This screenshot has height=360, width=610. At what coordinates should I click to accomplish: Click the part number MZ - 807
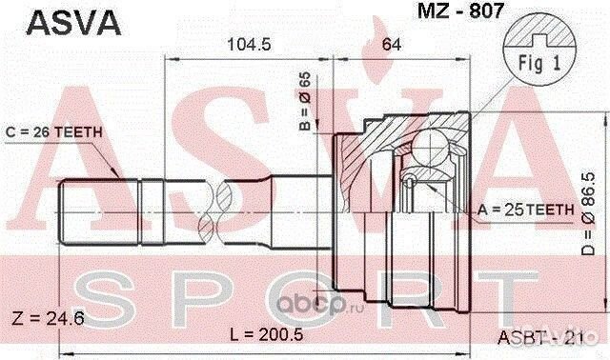tap(460, 10)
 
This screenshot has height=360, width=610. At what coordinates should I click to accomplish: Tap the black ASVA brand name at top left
tap(73, 23)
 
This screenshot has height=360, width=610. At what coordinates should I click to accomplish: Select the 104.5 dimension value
tap(249, 45)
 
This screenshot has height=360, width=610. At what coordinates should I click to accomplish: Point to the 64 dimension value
tap(391, 45)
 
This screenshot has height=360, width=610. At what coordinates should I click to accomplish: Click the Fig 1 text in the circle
tap(539, 63)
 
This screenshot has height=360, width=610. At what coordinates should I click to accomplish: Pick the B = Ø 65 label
tap(306, 101)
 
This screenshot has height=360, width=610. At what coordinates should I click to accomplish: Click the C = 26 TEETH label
tap(53, 132)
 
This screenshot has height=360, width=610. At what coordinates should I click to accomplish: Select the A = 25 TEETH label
tap(525, 210)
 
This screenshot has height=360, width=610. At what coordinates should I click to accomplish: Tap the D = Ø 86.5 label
tap(588, 214)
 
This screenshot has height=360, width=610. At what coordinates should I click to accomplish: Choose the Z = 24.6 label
tap(49, 319)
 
